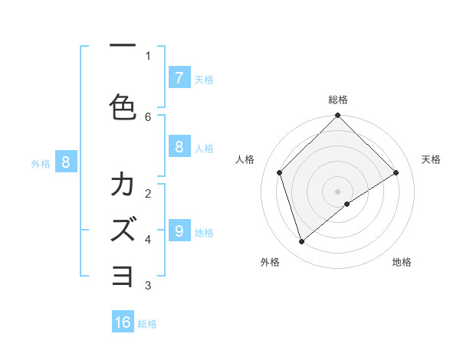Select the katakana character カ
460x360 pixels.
[x=123, y=185]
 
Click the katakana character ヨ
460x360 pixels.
[x=123, y=274]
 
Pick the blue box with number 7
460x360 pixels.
[x=179, y=78]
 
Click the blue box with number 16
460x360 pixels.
[x=123, y=322]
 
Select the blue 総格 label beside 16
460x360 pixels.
[x=147, y=324]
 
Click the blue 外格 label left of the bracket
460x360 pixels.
[x=41, y=163]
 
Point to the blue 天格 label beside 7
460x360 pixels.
[x=204, y=79]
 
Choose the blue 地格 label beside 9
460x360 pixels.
[x=204, y=232]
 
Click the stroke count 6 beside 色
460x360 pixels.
[x=148, y=116]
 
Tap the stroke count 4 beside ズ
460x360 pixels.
[x=148, y=240]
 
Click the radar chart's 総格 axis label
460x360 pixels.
[x=337, y=100]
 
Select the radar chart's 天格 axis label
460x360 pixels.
[x=432, y=159]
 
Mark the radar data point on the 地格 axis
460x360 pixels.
[x=347, y=204]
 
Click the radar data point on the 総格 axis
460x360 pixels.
[x=337, y=116]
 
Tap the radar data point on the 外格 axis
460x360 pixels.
[x=302, y=241]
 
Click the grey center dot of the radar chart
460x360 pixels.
[x=337, y=191]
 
